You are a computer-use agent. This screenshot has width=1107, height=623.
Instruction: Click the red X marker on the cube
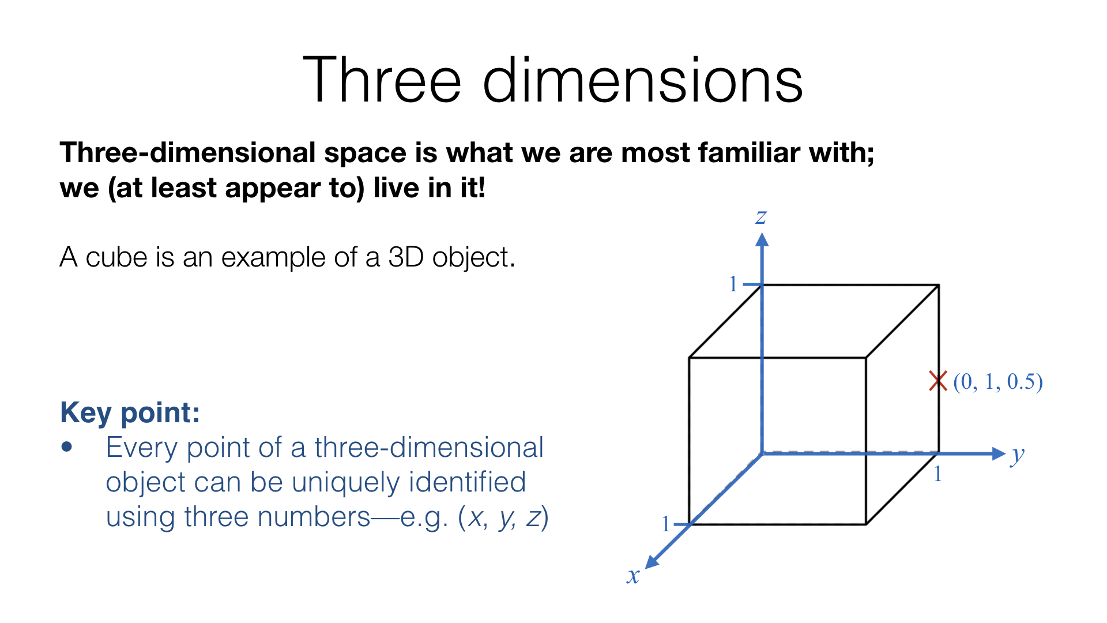[938, 381]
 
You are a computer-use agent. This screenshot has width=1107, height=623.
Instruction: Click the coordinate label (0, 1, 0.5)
[998, 382]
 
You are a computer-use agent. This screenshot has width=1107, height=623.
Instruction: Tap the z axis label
[761, 217]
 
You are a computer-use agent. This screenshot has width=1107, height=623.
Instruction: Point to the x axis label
[634, 576]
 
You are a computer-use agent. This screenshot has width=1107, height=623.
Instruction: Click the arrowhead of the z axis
[762, 239]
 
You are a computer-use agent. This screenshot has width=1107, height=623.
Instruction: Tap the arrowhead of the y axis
[999, 453]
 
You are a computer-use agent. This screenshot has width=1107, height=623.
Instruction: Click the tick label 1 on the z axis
[733, 284]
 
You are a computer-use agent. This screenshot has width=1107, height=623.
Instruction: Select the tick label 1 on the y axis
[938, 474]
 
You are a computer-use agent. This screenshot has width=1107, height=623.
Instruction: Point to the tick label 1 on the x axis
[666, 524]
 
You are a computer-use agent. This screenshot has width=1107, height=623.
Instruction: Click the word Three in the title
[382, 80]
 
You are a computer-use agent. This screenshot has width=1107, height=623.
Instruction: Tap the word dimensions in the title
[642, 80]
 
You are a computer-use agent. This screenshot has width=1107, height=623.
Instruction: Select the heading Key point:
[130, 412]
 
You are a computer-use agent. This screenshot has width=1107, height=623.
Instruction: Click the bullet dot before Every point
[67, 447]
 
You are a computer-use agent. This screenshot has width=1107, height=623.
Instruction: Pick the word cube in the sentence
[116, 257]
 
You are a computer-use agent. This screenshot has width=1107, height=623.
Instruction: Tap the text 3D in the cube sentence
[406, 257]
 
